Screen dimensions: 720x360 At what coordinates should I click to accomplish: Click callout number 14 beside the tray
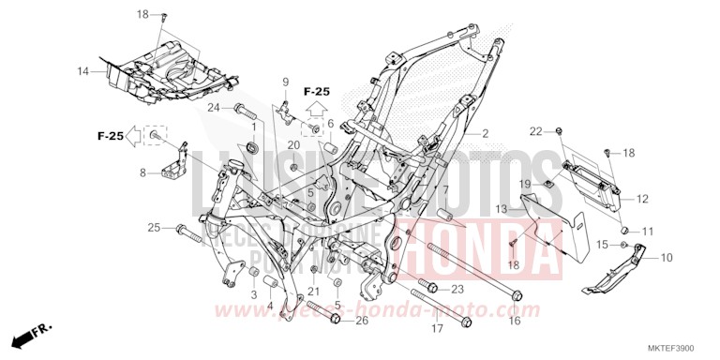[83, 71]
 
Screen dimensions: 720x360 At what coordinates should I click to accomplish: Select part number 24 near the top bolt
[214, 107]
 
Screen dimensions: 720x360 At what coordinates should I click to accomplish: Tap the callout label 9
[286, 82]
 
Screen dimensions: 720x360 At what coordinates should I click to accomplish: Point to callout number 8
[142, 172]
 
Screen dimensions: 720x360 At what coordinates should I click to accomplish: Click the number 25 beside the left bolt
[154, 228]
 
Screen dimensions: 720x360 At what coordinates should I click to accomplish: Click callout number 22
[535, 130]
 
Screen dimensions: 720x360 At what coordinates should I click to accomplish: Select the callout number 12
[642, 199]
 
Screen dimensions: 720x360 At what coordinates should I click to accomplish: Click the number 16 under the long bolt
[515, 321]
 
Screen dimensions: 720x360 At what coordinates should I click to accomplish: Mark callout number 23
[458, 289]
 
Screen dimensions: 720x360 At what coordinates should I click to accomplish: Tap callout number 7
[446, 190]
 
